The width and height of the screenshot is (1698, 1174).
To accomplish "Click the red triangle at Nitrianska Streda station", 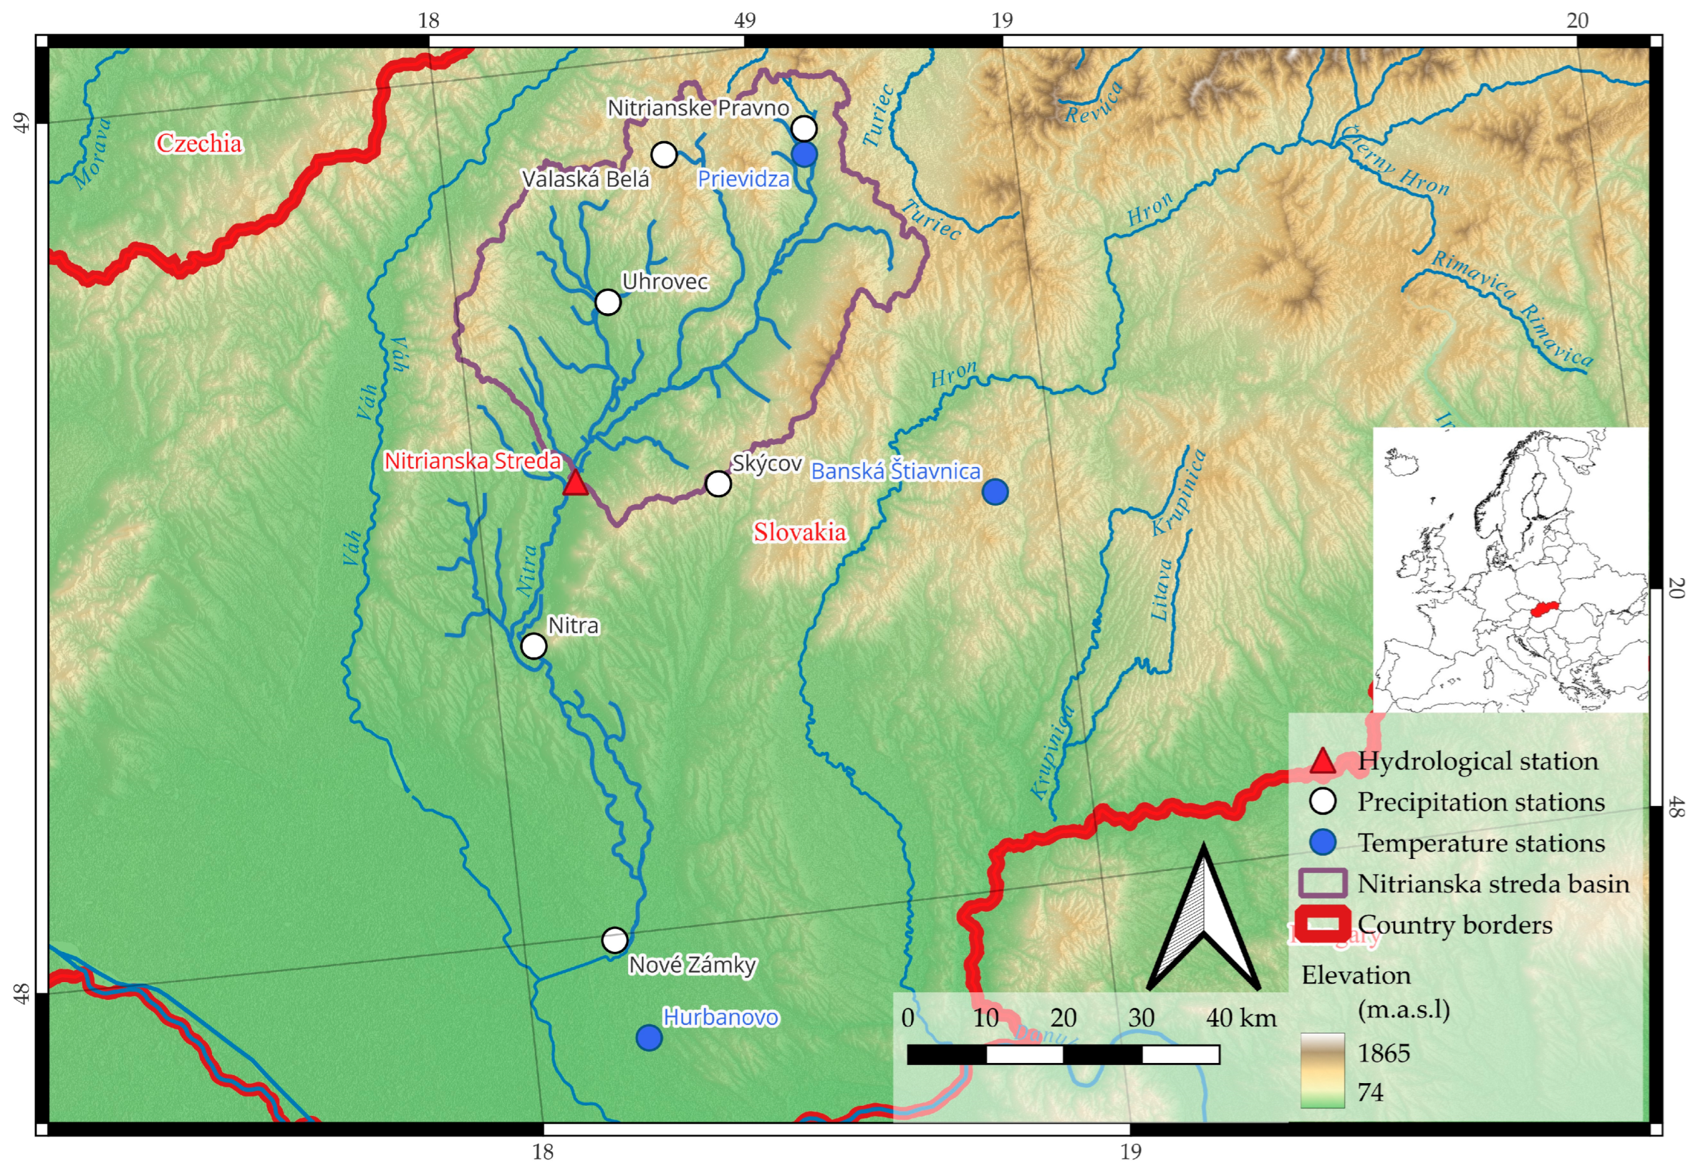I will tap(575, 483).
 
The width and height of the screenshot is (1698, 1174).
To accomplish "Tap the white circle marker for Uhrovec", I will tap(608, 302).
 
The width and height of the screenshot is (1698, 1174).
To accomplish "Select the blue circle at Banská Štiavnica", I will tap(995, 491).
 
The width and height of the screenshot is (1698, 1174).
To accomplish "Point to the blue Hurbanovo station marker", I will tap(649, 1037).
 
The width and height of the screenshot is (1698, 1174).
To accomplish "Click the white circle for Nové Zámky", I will tap(615, 939).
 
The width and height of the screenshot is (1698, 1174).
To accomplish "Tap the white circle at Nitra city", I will tap(534, 646).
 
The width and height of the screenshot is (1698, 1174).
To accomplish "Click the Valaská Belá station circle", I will tap(664, 155).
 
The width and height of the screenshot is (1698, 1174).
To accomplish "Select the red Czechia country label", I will tap(199, 143).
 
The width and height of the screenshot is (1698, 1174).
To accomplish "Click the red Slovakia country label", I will tap(800, 532).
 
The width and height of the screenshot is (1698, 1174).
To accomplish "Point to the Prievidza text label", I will tap(743, 179).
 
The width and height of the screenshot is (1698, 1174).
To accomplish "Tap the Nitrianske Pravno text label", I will tap(698, 108).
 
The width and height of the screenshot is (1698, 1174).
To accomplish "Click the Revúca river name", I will tap(1094, 104).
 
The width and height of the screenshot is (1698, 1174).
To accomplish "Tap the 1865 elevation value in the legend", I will tap(1383, 1053).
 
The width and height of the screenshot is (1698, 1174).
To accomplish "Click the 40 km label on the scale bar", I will tap(1241, 1017).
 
